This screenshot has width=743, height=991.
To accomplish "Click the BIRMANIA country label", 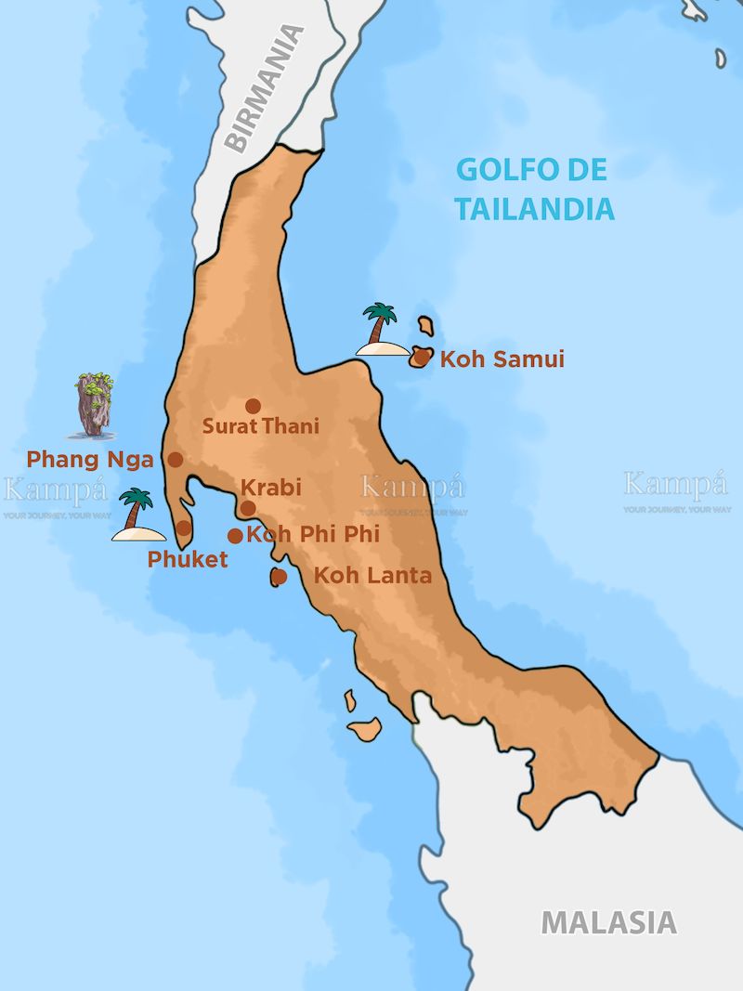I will coord(266,89).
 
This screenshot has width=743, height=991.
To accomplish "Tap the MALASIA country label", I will coord(608,922).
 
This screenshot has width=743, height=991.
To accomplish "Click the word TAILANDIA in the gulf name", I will coord(534,209).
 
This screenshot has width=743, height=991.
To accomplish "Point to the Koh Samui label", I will coord(502,359).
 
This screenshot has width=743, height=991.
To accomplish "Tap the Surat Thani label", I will coord(261,426).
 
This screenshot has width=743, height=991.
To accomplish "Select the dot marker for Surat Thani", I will coord(253,406).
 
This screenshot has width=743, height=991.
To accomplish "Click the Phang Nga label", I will coord(90,459).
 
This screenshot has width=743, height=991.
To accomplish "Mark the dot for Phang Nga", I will coord(175,459).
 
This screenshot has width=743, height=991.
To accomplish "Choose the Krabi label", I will coord(271,488).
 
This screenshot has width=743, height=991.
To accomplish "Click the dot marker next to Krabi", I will coord(248,507).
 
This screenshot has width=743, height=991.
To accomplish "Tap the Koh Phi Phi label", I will coord(313,534).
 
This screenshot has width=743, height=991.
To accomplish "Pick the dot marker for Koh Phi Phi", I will coord(235,535).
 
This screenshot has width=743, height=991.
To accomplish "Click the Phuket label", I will coord(188,560).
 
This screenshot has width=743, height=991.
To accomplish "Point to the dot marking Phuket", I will coord(184,528).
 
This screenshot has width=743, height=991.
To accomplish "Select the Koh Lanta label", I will coord(372,576).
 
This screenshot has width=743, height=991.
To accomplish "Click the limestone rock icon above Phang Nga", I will coord(94,405).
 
